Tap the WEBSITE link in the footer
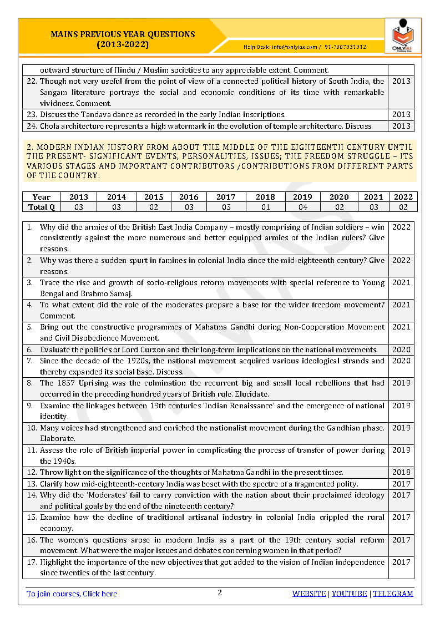pyautogui.click(x=309, y=594)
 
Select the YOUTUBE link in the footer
pyautogui.click(x=350, y=594)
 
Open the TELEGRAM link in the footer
pyautogui.click(x=393, y=594)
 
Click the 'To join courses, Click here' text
pyautogui.click(x=72, y=594)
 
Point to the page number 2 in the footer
pyautogui.click(x=220, y=593)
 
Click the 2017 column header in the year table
pyautogui.click(x=226, y=197)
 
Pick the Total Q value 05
pyautogui.click(x=226, y=207)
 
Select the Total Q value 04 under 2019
pyautogui.click(x=302, y=207)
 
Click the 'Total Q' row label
pyautogui.click(x=42, y=207)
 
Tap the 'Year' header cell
pyautogui.click(x=42, y=197)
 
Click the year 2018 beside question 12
pyautogui.click(x=401, y=472)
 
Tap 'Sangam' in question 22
pyautogui.click(x=55, y=92)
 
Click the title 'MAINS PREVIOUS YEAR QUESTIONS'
pyautogui.click(x=123, y=34)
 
